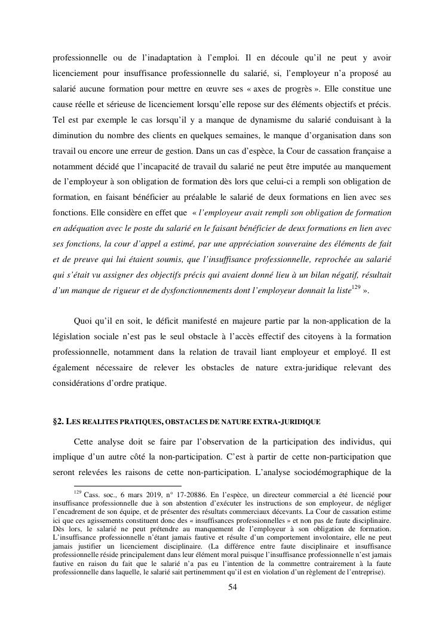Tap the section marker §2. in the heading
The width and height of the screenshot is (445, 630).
tap(59, 421)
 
